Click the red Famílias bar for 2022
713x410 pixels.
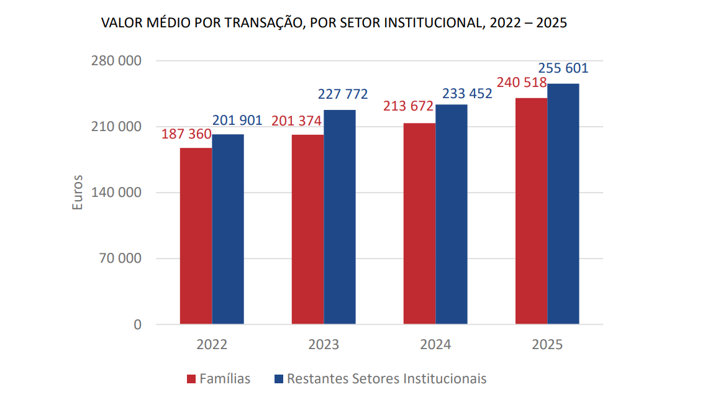coord(196,236)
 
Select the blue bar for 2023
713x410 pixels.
coord(340,217)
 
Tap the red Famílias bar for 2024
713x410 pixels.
coord(419,224)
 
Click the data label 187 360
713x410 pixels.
coord(186,134)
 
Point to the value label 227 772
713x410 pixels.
coord(343,94)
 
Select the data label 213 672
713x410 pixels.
coord(408,106)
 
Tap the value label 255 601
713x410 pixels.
coord(563,68)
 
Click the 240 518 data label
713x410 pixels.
coord(522,83)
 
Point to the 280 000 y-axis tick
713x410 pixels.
coord(117,61)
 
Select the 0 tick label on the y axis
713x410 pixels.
coord(137,324)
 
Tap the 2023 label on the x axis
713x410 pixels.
coord(324,344)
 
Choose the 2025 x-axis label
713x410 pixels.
coord(547,344)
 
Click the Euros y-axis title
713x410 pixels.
coord(78,193)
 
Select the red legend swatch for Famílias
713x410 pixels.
coord(192,379)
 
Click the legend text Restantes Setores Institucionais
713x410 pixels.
coord(386,378)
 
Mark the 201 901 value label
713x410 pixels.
coord(237,121)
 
